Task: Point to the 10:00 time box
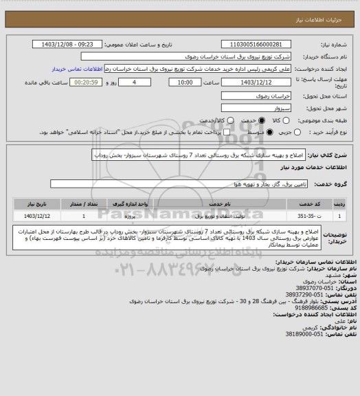click(x=185, y=82)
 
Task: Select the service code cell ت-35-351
click(x=315, y=216)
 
